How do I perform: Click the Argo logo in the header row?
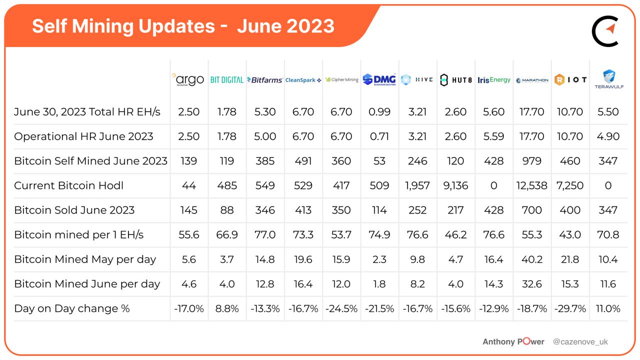188,80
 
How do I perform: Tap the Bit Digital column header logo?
227,80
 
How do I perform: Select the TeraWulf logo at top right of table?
608,79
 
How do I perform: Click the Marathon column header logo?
532,80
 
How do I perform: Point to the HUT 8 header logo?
455,80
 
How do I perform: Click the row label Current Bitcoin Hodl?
68,185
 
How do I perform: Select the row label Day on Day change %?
71,308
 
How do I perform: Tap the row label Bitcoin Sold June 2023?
74,210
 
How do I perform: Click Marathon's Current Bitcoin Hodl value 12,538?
532,185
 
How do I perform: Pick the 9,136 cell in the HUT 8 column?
455,185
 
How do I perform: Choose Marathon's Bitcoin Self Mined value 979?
532,161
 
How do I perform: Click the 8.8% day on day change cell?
227,308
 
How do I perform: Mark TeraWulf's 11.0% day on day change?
608,308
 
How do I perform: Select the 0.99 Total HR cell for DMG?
379,112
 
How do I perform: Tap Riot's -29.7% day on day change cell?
570,308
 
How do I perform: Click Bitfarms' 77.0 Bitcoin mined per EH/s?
265,234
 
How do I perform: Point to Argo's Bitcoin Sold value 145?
188,210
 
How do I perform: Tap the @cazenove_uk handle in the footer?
580,342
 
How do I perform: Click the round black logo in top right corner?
605,31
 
